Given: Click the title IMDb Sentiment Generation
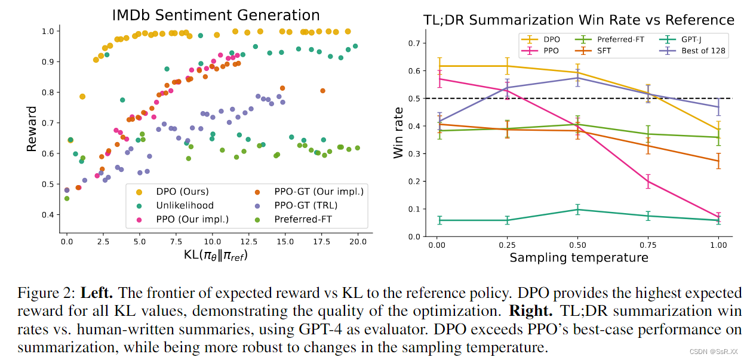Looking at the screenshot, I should tap(216, 16).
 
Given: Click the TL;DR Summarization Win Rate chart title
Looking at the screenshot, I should tap(579, 20).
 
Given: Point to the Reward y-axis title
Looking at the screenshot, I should tap(32, 128).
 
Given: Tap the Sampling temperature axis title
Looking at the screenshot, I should tap(579, 258).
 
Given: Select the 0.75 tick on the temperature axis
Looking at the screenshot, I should tap(648, 245).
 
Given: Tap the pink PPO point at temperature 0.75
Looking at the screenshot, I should tap(648, 181).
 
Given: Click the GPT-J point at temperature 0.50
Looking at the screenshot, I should tap(578, 210).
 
